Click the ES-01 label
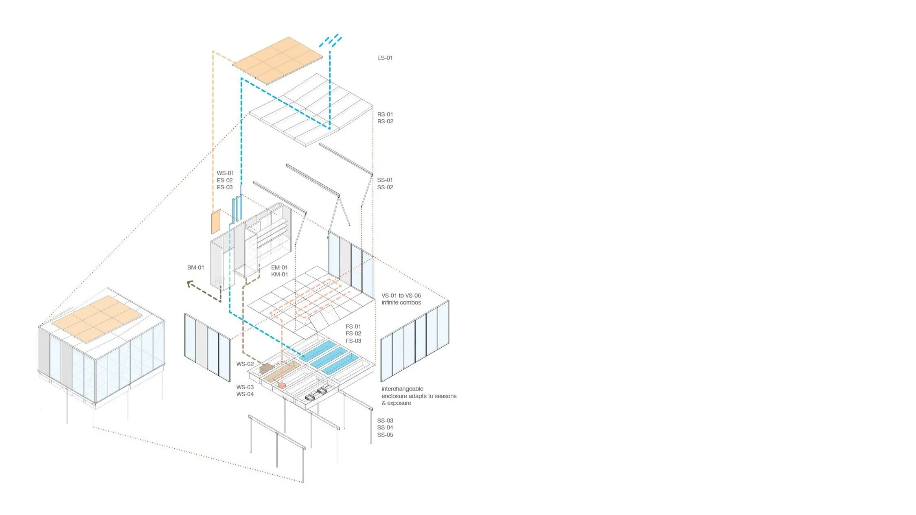pyautogui.click(x=385, y=58)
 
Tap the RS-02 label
pyautogui.click(x=385, y=121)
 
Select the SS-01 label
pyautogui.click(x=385, y=180)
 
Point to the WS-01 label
pyautogui.click(x=225, y=173)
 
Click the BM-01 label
pyautogui.click(x=195, y=267)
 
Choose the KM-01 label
pyautogui.click(x=279, y=274)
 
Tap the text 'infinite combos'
pyautogui.click(x=401, y=302)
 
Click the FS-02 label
pyautogui.click(x=353, y=333)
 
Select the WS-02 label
pyautogui.click(x=245, y=364)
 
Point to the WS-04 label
pyautogui.click(x=245, y=394)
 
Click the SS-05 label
pyautogui.click(x=385, y=435)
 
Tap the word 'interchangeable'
pyautogui.click(x=402, y=389)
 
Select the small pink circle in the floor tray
pyautogui.click(x=282, y=384)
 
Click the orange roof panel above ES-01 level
pyautogui.click(x=278, y=59)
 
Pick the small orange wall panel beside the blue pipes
pyautogui.click(x=215, y=221)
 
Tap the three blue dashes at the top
pyautogui.click(x=331, y=41)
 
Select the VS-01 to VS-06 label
pyautogui.click(x=401, y=296)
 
